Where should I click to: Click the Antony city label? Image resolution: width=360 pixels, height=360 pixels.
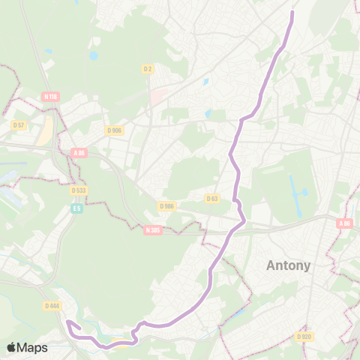click(x=289, y=265)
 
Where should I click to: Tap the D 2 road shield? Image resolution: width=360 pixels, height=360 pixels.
click(x=148, y=69)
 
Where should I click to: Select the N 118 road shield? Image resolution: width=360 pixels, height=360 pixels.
click(x=51, y=96)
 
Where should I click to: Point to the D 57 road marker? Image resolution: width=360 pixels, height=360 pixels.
click(x=19, y=124)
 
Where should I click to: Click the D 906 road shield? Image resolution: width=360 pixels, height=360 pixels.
click(x=114, y=130)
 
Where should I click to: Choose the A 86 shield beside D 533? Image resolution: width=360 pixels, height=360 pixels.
click(x=79, y=152)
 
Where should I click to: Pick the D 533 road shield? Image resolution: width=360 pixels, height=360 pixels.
click(x=79, y=190)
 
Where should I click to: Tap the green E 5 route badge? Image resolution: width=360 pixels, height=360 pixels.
click(x=76, y=208)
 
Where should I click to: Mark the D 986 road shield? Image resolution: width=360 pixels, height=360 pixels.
click(x=166, y=205)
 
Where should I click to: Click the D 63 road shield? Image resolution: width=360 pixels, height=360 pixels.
click(x=211, y=198)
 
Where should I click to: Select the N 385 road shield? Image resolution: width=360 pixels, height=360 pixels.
click(x=153, y=230)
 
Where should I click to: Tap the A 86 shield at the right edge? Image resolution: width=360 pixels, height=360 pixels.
click(x=344, y=223)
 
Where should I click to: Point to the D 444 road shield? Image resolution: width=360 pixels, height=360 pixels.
click(x=52, y=305)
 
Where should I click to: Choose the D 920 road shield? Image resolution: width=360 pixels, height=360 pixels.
click(x=304, y=337)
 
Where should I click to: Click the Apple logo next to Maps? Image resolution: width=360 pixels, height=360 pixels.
click(x=11, y=347)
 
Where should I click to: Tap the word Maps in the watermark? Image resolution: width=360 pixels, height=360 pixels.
click(x=32, y=347)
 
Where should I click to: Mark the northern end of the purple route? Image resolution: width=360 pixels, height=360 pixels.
click(x=292, y=12)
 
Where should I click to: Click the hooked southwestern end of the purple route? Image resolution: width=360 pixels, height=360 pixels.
click(x=68, y=322)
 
